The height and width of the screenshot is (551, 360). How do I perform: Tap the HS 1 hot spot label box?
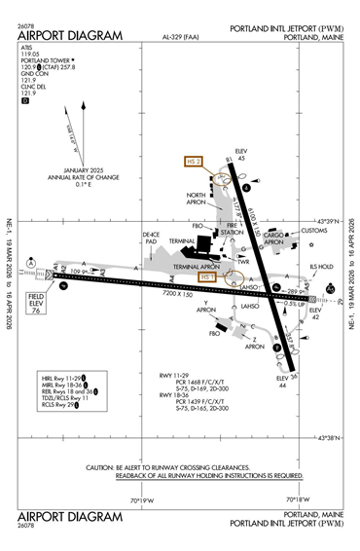click(205, 277)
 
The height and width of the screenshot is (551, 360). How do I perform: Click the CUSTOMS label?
click(314, 231)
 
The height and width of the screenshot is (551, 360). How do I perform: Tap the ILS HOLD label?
click(320, 266)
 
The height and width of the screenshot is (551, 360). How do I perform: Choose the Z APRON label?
click(255, 342)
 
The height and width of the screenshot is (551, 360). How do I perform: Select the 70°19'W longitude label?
click(142, 499)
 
